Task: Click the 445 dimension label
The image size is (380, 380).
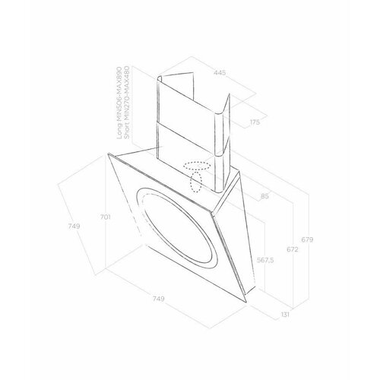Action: pyautogui.click(x=220, y=73)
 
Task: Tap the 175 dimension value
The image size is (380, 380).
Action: pyautogui.click(x=255, y=122)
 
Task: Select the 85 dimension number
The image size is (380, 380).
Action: pyautogui.click(x=264, y=196)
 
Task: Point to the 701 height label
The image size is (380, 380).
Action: pyautogui.click(x=105, y=217)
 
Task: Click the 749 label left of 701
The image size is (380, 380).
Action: pyautogui.click(x=74, y=226)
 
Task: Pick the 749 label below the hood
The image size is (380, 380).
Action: pyautogui.click(x=158, y=299)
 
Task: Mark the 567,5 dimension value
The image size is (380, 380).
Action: pyautogui.click(x=265, y=260)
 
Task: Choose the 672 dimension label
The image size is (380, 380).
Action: pyautogui.click(x=293, y=249)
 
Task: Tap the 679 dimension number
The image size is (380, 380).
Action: pyautogui.click(x=307, y=239)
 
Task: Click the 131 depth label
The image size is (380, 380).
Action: pyautogui.click(x=285, y=315)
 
